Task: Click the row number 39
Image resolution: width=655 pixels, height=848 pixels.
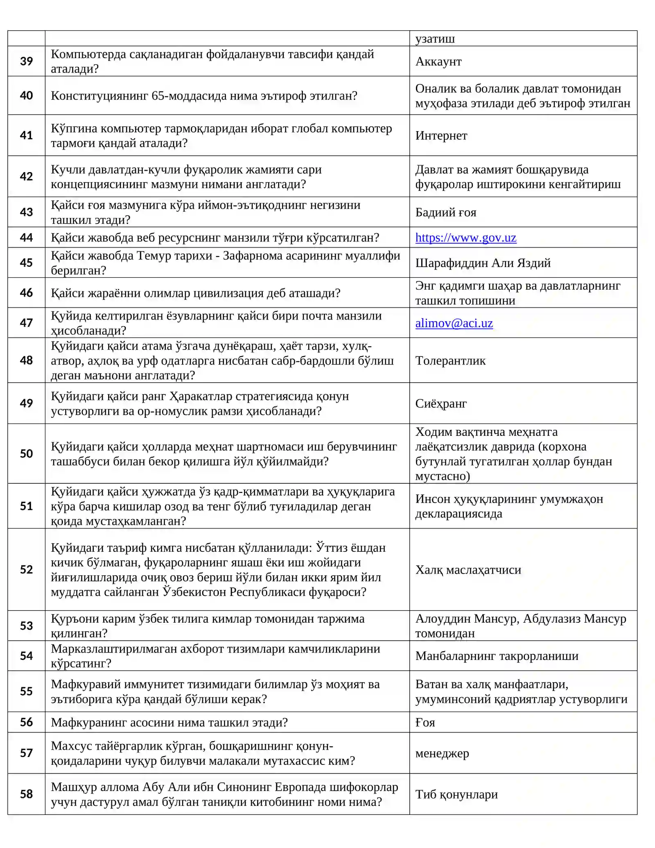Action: pyautogui.click(x=26, y=61)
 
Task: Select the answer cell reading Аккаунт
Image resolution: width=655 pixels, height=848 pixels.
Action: pyautogui.click(x=438, y=61)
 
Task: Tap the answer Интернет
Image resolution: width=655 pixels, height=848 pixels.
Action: pyautogui.click(x=441, y=136)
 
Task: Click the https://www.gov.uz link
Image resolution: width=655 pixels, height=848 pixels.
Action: pyautogui.click(x=465, y=238)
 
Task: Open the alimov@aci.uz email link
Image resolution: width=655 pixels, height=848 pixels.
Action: pyautogui.click(x=454, y=323)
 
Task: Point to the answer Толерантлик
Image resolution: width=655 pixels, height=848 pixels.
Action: pyautogui.click(x=450, y=361)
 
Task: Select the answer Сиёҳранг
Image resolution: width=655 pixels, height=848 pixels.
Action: pyautogui.click(x=440, y=404)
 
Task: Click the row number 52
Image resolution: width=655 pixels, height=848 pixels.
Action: pyautogui.click(x=26, y=569)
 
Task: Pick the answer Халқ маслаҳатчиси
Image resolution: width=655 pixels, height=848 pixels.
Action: pyautogui.click(x=468, y=570)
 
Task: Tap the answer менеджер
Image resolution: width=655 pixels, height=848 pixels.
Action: pyautogui.click(x=442, y=753)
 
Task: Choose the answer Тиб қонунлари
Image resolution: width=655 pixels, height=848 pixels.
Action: pyautogui.click(x=456, y=794)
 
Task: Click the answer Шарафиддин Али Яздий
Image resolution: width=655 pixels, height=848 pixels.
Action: pyautogui.click(x=483, y=263)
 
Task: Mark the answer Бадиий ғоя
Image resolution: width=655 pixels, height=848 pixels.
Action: pyautogui.click(x=445, y=212)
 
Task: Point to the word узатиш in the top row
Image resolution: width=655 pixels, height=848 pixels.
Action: pyautogui.click(x=435, y=39)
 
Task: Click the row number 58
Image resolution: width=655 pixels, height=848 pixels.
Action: pyautogui.click(x=26, y=794)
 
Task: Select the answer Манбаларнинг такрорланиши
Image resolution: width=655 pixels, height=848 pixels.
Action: pyautogui.click(x=497, y=656)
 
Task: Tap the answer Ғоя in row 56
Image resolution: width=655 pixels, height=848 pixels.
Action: pyautogui.click(x=425, y=722)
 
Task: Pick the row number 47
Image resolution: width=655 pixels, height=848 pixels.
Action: pyautogui.click(x=26, y=323)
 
